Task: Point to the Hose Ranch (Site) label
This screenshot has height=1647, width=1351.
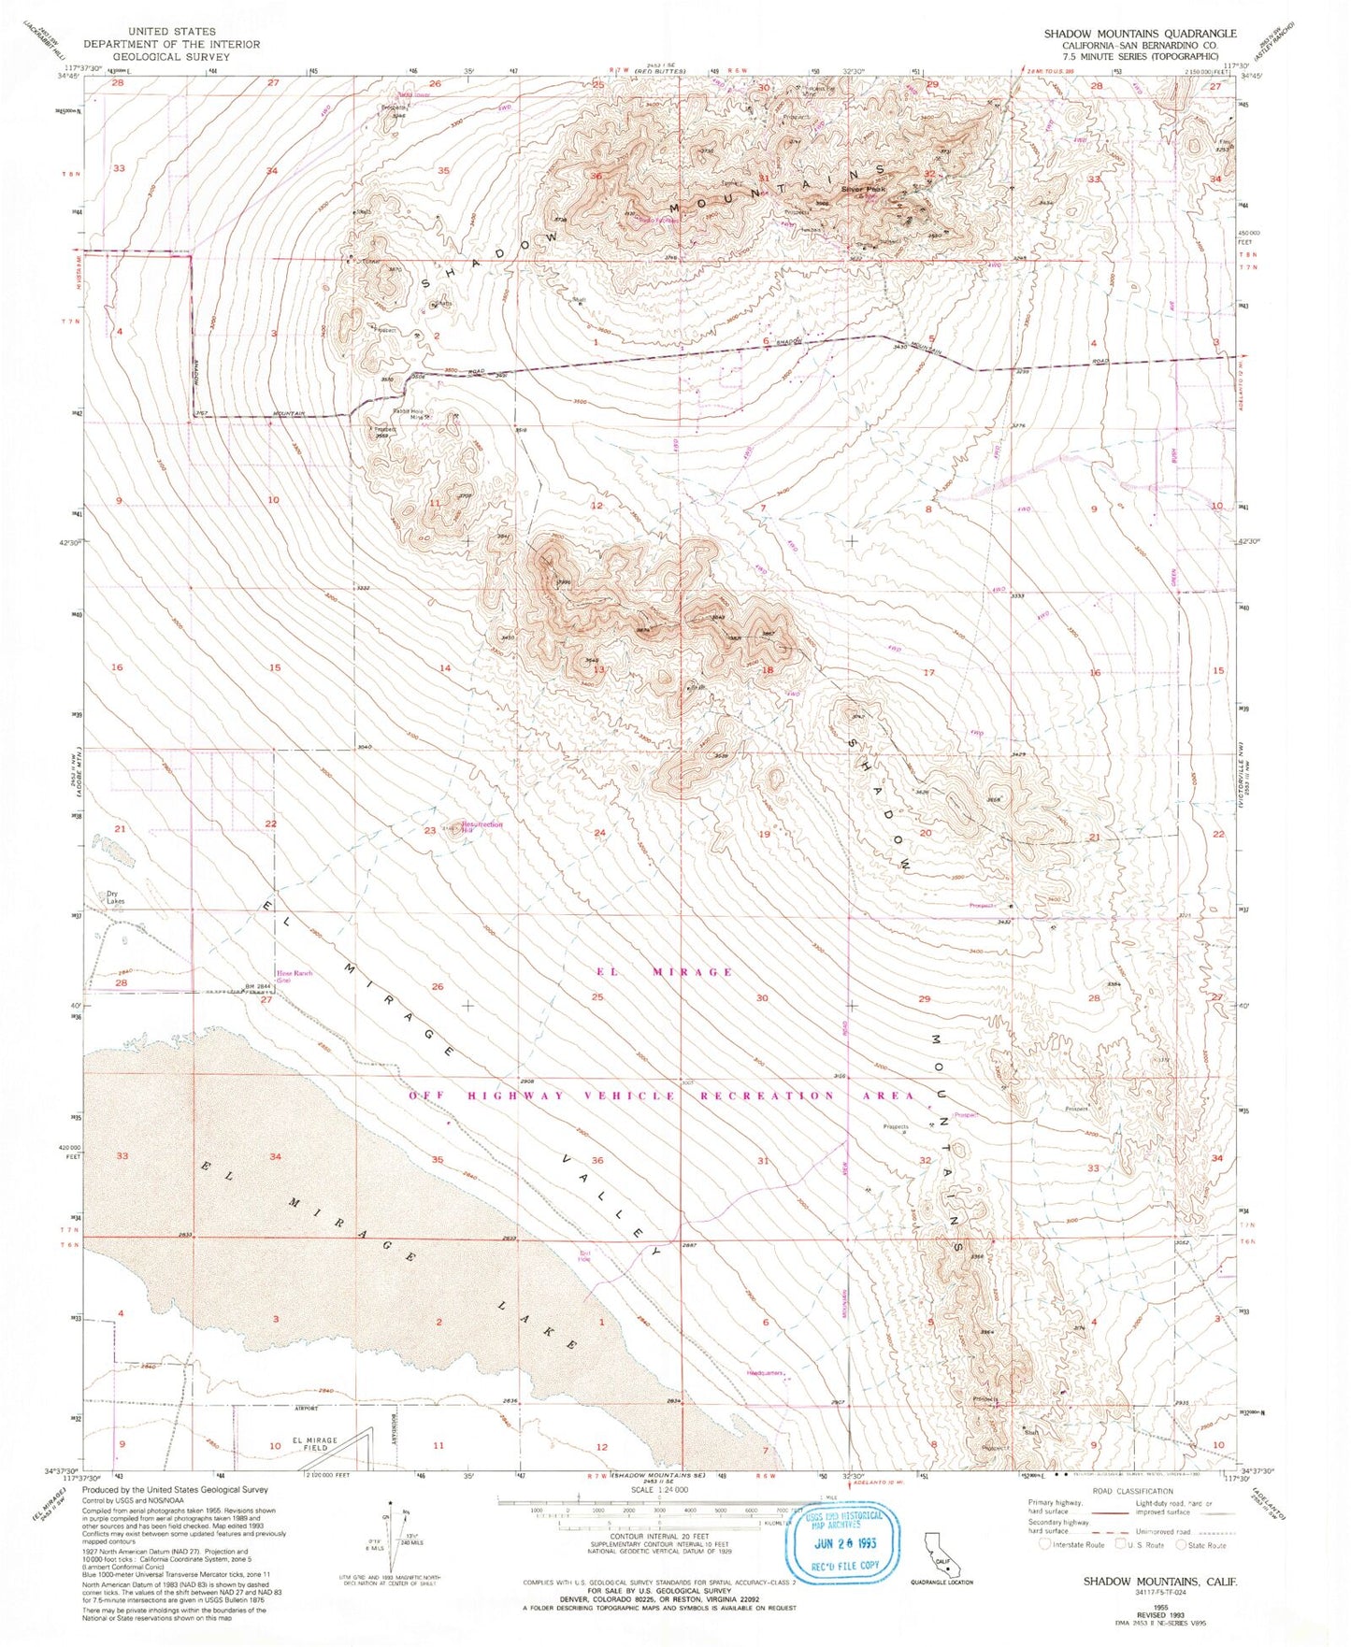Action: [x=294, y=976]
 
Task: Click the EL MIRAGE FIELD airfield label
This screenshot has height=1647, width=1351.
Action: [x=314, y=1444]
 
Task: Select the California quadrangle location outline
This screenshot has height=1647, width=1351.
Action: [x=938, y=1556]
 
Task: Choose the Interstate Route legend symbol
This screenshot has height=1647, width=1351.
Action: [x=1044, y=1545]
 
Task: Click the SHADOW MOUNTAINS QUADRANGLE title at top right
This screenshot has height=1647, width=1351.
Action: [x=1140, y=34]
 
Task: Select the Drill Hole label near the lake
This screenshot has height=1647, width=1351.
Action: [x=585, y=1255]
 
